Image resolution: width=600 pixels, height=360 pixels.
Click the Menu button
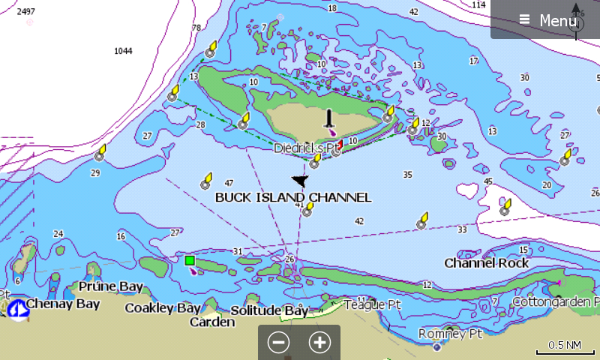click(548, 20)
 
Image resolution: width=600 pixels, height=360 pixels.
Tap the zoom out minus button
click(278, 343)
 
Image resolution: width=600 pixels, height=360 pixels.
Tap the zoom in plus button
click(320, 343)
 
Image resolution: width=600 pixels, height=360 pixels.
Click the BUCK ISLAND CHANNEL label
click(293, 197)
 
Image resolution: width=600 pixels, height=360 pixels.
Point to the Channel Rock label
click(487, 263)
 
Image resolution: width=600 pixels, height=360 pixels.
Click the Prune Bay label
click(111, 286)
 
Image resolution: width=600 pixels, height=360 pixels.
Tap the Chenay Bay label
click(62, 304)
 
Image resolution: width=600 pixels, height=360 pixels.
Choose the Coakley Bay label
click(163, 308)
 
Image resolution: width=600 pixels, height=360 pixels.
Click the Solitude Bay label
click(269, 311)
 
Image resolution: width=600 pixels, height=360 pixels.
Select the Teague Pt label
click(372, 305)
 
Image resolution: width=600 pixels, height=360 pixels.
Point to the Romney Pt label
click(451, 333)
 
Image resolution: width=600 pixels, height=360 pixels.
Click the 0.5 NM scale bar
click(565, 346)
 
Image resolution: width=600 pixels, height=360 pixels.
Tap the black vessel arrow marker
click(299, 181)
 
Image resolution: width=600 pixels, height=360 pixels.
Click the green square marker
click(190, 260)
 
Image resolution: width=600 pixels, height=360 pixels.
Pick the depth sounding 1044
click(123, 51)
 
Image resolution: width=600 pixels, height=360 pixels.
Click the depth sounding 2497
click(26, 11)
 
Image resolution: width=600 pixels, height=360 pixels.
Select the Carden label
click(212, 322)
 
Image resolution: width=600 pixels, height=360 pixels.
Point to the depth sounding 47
click(229, 183)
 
